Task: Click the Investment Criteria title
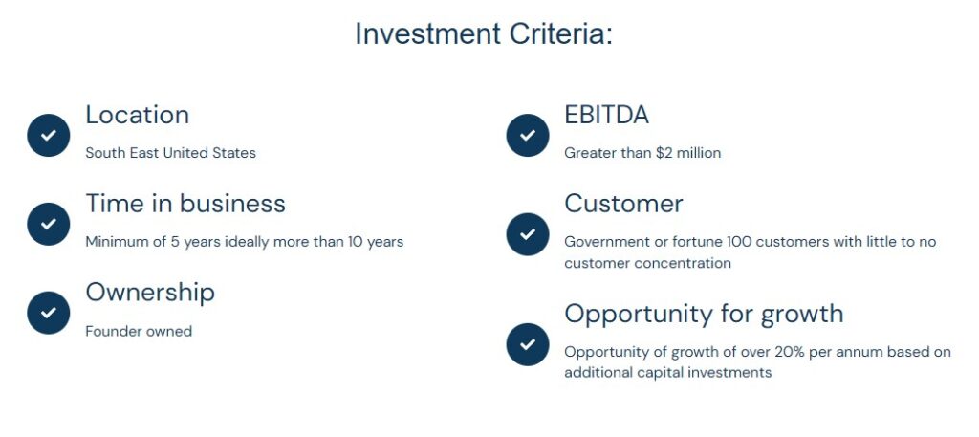484,33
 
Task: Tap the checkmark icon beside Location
48,135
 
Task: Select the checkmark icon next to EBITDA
528,135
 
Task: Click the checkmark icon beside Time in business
48,224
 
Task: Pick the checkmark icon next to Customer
528,234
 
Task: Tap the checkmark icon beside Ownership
48,312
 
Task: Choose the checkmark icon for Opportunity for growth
528,344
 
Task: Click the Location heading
138,115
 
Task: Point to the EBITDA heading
606,115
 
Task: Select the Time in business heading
185,204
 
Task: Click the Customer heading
623,204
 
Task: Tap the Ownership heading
150,293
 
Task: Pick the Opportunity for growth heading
704,314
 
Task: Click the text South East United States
170,153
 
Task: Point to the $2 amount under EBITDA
664,153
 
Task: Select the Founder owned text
139,331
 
